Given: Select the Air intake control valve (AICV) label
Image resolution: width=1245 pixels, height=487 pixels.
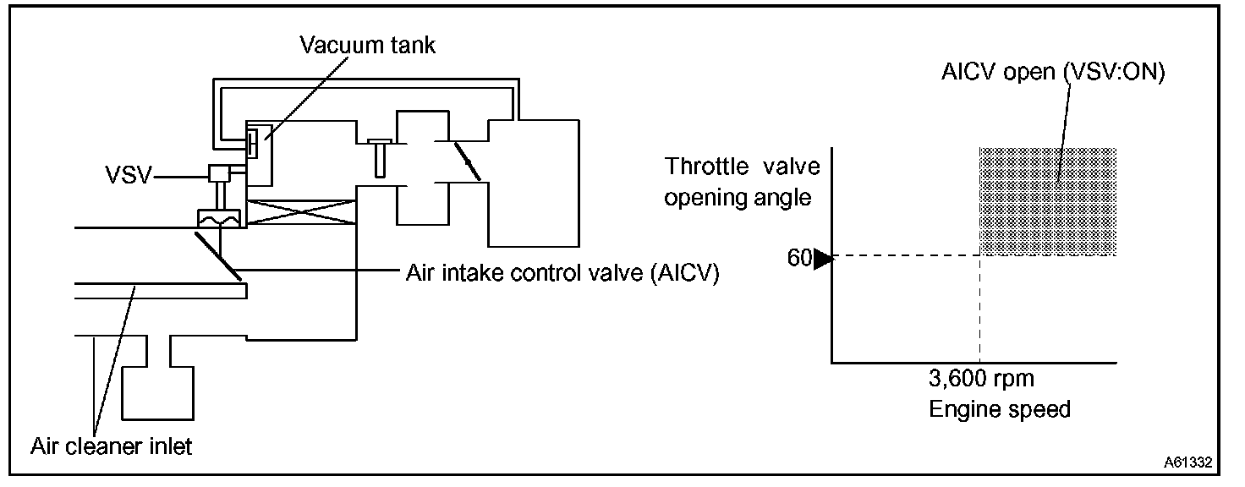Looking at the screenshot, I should [x=562, y=274].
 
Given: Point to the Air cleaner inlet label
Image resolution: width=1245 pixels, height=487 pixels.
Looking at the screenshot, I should [x=112, y=446].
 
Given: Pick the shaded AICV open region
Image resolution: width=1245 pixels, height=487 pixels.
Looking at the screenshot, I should [x=1048, y=201].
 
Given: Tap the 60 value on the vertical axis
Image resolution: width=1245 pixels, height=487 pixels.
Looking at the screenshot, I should [x=799, y=258].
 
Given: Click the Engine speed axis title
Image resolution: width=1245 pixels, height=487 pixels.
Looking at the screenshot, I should [x=1000, y=410].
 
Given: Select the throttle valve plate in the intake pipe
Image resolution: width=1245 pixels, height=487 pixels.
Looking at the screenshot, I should [x=468, y=161].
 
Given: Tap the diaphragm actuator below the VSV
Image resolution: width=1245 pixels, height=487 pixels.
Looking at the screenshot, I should [x=217, y=218].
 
